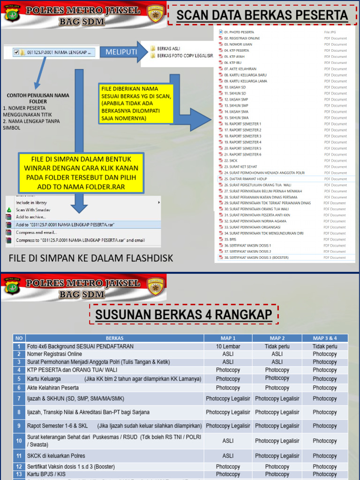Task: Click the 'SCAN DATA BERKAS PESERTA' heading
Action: tap(262, 16)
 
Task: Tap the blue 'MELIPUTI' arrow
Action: tap(121, 52)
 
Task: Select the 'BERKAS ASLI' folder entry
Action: tap(168, 48)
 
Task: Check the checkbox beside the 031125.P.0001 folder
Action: tap(17, 52)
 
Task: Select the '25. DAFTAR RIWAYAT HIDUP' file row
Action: tap(246, 179)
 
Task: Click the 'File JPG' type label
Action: tap(330, 32)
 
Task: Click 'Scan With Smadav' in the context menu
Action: tap(34, 210)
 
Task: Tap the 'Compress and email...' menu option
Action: tap(37, 232)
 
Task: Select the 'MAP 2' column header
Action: tap(277, 338)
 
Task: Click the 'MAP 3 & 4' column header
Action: tap(325, 338)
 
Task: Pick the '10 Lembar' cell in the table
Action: tap(228, 346)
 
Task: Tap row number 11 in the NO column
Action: tap(19, 456)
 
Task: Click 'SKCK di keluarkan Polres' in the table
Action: tap(56, 456)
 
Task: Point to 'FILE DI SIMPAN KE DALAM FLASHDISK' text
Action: tap(91, 258)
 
